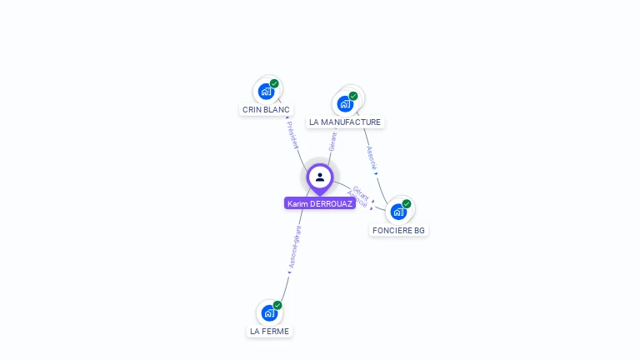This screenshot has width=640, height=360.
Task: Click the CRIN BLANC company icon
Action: point(266,91)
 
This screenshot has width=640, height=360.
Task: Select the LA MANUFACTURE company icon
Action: point(345,104)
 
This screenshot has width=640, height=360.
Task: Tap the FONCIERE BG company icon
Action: point(398,212)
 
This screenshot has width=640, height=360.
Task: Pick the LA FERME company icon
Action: point(269,313)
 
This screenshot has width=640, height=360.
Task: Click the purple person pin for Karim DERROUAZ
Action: point(320,177)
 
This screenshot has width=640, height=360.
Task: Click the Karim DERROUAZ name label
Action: point(320,203)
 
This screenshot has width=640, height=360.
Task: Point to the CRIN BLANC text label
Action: point(266,109)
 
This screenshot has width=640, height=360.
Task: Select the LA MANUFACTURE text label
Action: point(345,122)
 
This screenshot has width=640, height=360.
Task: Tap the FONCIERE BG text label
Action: point(398,230)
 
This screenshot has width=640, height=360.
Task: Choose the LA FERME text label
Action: point(269,331)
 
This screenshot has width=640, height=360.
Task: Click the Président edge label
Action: point(292,135)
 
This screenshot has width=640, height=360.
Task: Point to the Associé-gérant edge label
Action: point(293,248)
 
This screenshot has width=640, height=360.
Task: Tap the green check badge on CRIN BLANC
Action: point(274,83)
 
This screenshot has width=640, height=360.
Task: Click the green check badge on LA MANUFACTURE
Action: point(353,96)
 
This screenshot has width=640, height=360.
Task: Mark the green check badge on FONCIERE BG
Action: point(407,204)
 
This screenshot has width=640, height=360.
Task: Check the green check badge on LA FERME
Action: point(277,306)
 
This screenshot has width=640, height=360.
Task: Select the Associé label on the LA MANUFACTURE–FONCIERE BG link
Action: point(372,158)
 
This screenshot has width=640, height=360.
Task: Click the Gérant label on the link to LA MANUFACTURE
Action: point(332,141)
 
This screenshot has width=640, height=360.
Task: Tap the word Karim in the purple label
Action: point(297,203)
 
